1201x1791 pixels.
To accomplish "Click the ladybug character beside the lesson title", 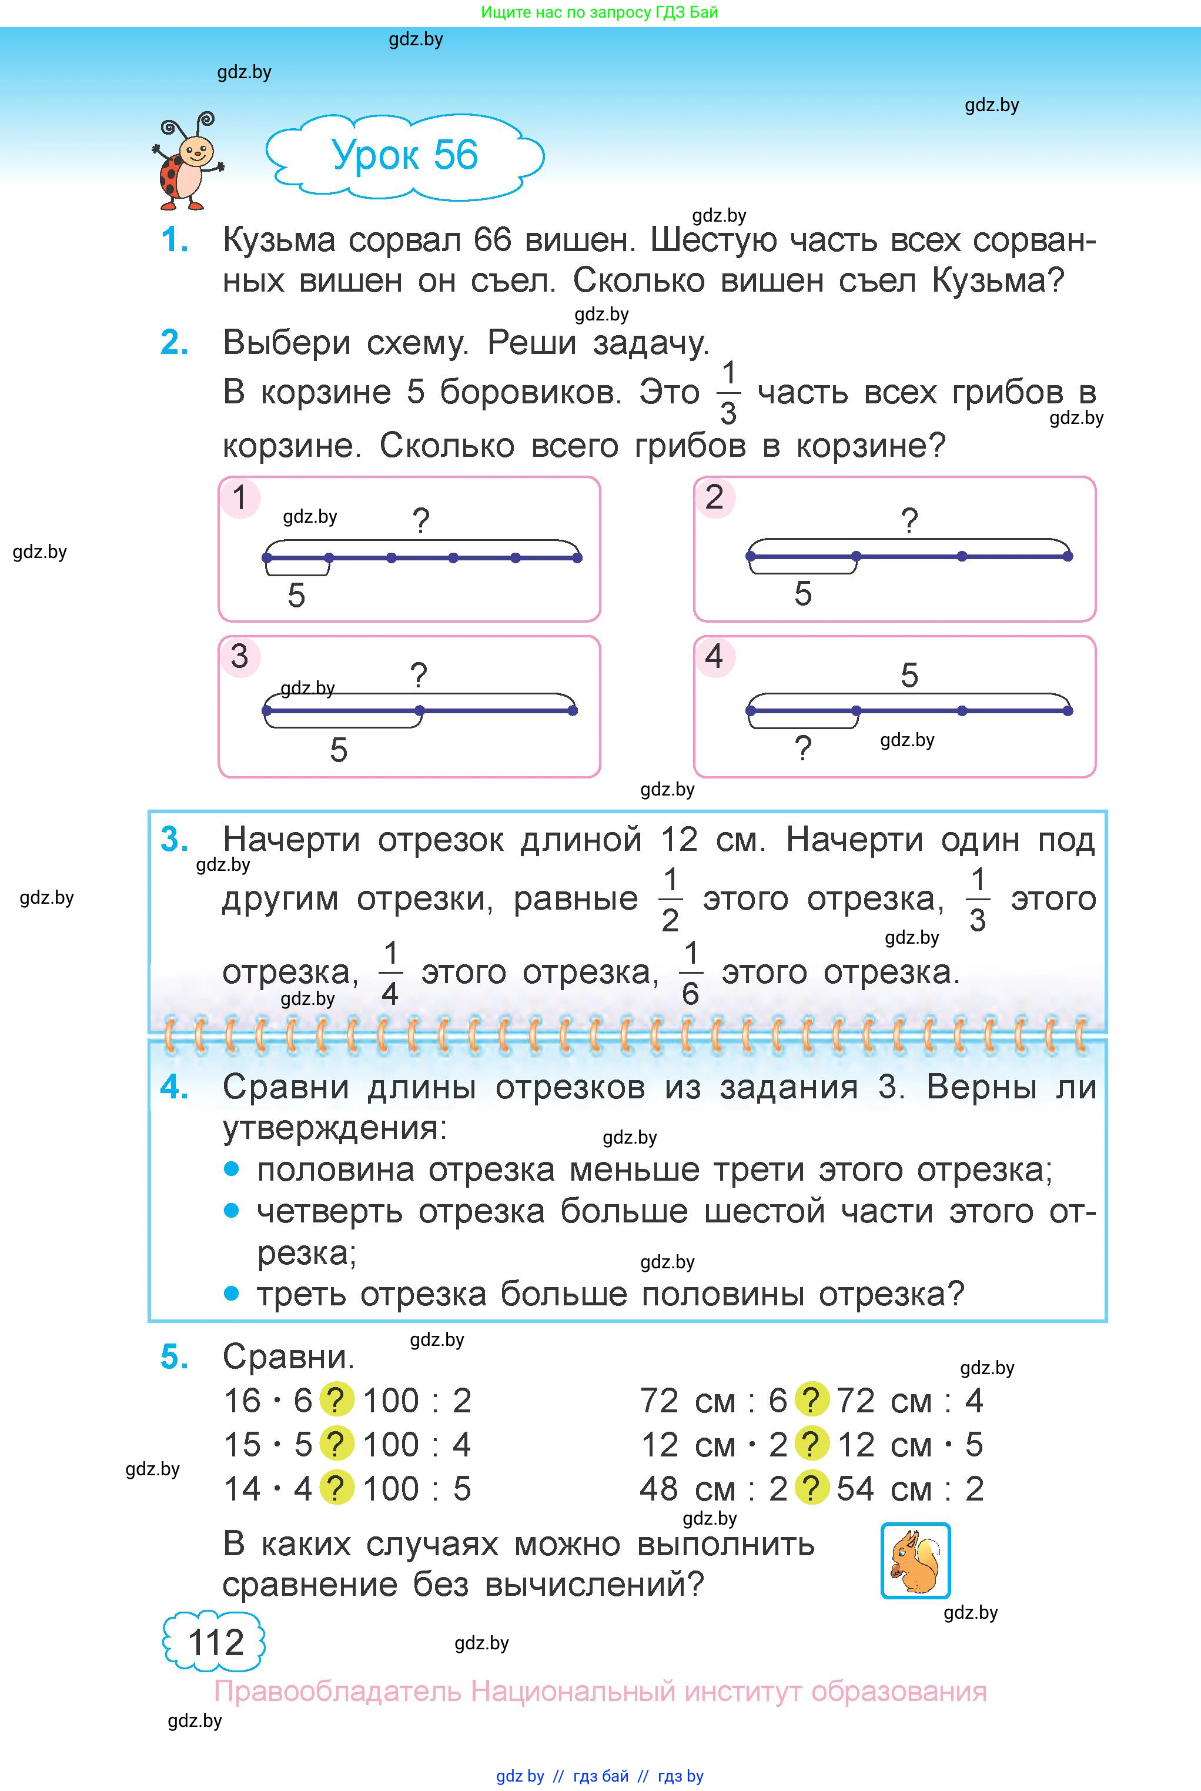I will pos(187,162).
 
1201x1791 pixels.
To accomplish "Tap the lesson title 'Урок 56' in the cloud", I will pos(404,155).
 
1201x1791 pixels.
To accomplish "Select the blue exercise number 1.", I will pos(175,240).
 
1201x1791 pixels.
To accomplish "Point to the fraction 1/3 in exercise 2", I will pos(728,393).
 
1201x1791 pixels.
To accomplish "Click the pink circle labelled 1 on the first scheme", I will pos(240,498).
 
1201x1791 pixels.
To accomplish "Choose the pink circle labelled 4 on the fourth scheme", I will pos(714,657).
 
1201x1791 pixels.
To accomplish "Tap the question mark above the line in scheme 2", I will pos(909,522).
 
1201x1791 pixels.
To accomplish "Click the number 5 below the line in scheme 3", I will pos(339,750).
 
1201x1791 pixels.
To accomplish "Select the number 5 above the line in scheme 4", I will pos(909,676).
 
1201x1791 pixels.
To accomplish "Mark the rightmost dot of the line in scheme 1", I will pos(577,557).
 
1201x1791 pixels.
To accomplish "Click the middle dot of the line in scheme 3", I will pos(419,711).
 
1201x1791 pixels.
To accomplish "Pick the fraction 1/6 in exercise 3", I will pos(690,974).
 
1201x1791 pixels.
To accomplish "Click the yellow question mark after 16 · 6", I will pos(336,1401).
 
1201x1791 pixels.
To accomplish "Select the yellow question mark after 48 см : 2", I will pos(812,1488).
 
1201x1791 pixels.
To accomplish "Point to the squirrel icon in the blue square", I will pos(915,1561).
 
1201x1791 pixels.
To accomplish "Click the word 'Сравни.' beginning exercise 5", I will pos(289,1358).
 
